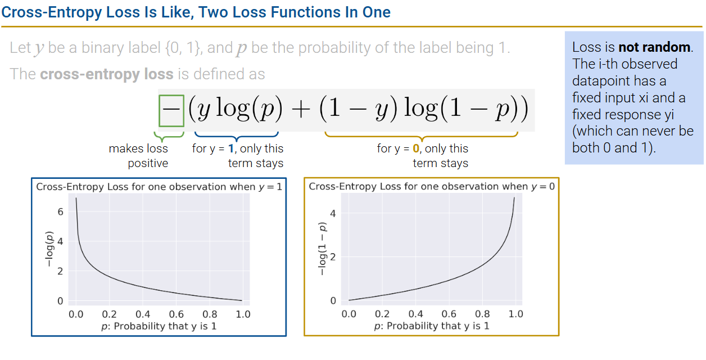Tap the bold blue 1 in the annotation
pos(231,148)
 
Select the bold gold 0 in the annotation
pos(416,148)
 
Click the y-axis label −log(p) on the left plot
pos(49,249)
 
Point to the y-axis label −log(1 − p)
pos(322,249)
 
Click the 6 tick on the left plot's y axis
pos(60,211)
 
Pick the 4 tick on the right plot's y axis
pos(333,214)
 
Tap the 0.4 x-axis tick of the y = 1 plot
pos(143,314)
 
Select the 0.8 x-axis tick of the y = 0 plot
pos(482,314)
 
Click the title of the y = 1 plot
pos(159,187)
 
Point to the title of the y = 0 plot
pos(432,186)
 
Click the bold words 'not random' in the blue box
pos(654,47)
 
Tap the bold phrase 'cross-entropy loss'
pos(107,74)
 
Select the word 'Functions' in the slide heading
pos(305,12)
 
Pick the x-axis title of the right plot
pos(432,326)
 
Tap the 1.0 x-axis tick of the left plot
pos(243,314)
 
